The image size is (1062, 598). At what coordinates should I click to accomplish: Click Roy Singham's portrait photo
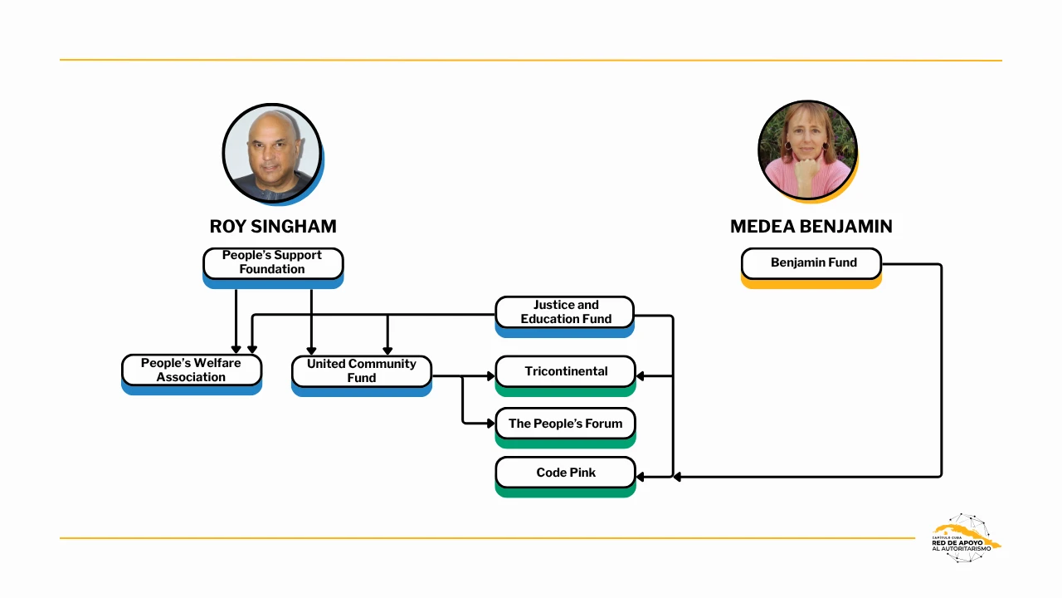[x=271, y=153]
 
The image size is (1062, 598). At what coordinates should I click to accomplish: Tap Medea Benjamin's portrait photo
[x=807, y=150]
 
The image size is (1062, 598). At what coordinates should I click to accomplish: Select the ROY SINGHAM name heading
[x=273, y=227]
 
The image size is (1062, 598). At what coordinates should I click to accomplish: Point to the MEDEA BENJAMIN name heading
[x=811, y=227]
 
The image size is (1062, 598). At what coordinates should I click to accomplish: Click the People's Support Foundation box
[x=273, y=262]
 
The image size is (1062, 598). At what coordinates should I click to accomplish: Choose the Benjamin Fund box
[x=811, y=262]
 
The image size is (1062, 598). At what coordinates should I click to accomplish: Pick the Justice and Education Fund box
[x=565, y=312]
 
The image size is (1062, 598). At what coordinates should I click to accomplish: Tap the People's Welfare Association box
[x=192, y=370]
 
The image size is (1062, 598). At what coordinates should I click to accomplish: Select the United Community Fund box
[x=362, y=371]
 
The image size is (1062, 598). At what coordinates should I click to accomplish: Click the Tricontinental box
[x=565, y=371]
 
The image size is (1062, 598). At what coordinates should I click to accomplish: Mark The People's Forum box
[x=565, y=424]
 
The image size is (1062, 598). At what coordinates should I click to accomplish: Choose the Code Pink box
[x=565, y=473]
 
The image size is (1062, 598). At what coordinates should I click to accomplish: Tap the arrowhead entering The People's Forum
[x=490, y=424]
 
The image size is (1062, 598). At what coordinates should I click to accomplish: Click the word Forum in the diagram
[x=603, y=424]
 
